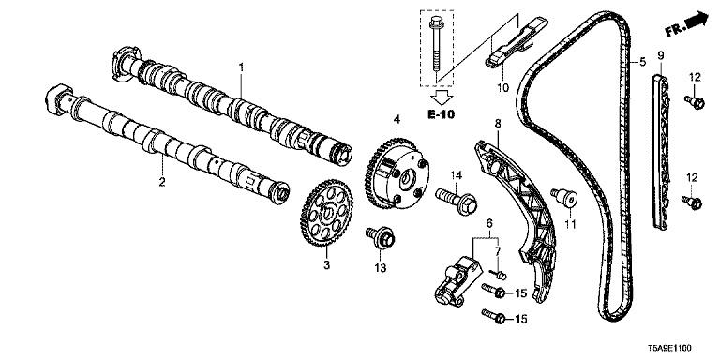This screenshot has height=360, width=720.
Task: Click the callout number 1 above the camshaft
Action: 241,67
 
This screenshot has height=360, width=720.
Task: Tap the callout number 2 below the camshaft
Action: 161,182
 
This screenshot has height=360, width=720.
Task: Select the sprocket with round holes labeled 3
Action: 326,213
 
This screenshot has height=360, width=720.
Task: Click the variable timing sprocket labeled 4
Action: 397,173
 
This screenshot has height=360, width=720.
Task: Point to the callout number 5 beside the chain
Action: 643,62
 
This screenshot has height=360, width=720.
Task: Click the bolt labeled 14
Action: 457,201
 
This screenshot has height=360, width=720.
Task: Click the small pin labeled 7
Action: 499,275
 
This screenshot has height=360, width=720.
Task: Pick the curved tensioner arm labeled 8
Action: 517,221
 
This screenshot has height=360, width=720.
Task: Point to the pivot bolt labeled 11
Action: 564,198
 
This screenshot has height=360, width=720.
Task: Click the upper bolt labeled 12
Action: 695,101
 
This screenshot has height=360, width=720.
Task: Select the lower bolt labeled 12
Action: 692,202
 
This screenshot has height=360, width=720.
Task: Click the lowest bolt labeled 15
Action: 494,316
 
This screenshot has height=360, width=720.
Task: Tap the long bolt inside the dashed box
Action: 436,46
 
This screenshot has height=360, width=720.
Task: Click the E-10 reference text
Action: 442,114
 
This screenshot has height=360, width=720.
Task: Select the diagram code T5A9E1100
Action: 669,349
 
